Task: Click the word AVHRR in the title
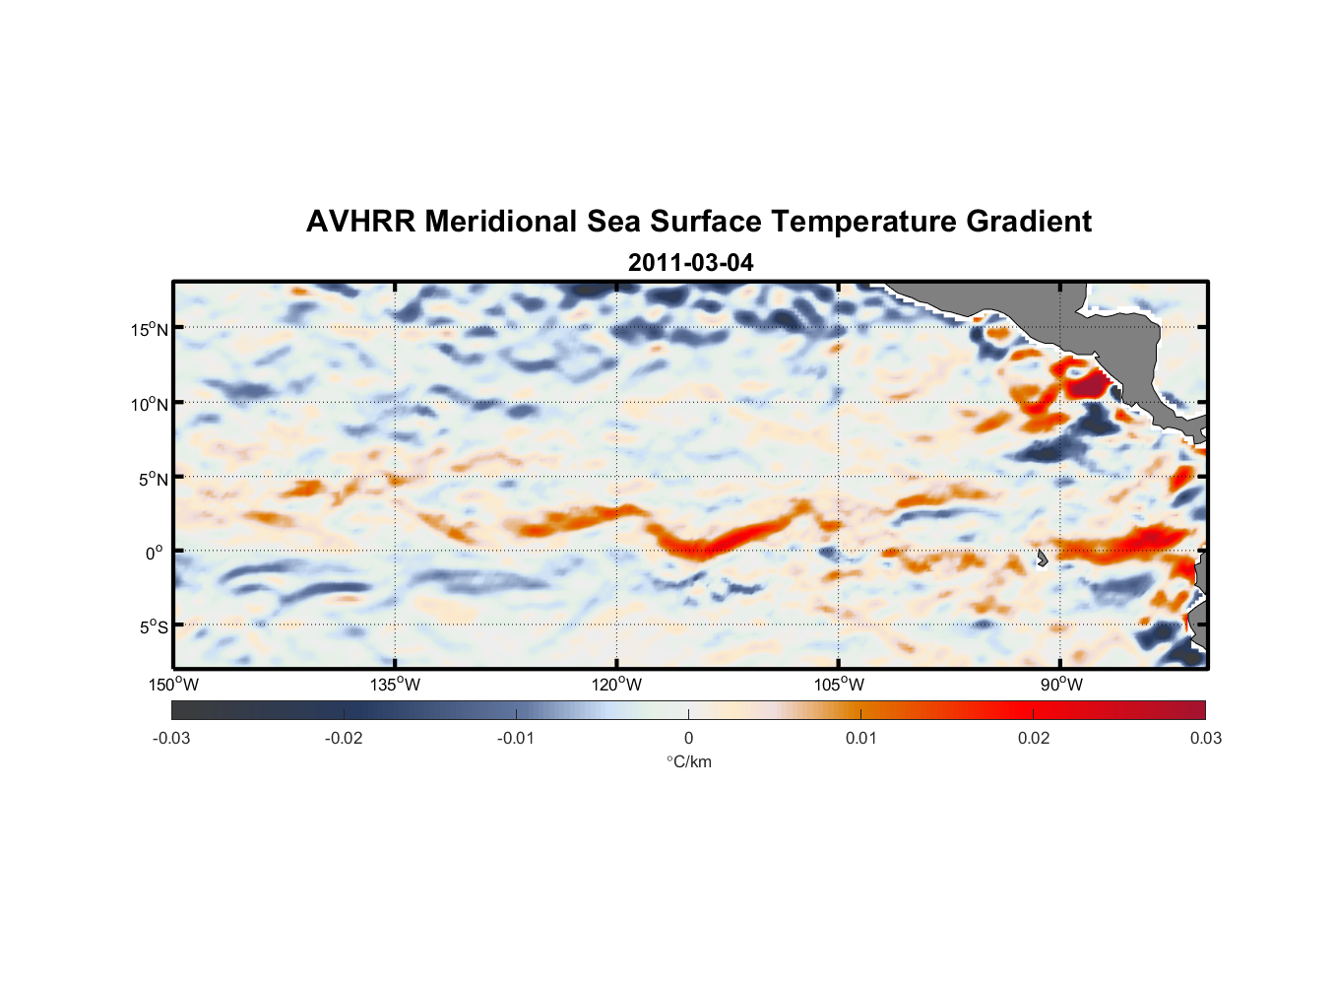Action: (360, 222)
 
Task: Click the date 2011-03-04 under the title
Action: (690, 263)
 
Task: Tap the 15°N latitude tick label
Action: (150, 329)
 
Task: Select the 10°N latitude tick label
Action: (150, 404)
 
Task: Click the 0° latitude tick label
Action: (155, 553)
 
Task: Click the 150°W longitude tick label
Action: (173, 685)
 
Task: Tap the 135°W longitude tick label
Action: (395, 685)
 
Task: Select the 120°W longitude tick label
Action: (616, 685)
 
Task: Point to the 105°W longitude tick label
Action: (839, 685)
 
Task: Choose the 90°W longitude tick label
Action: (1061, 685)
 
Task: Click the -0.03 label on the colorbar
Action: (171, 738)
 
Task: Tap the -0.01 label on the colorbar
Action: (516, 738)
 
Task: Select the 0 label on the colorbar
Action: (688, 738)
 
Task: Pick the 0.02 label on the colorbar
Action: (1034, 738)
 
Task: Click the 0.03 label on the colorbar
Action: (1205, 738)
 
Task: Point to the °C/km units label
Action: (689, 761)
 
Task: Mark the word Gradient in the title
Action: (1029, 222)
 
